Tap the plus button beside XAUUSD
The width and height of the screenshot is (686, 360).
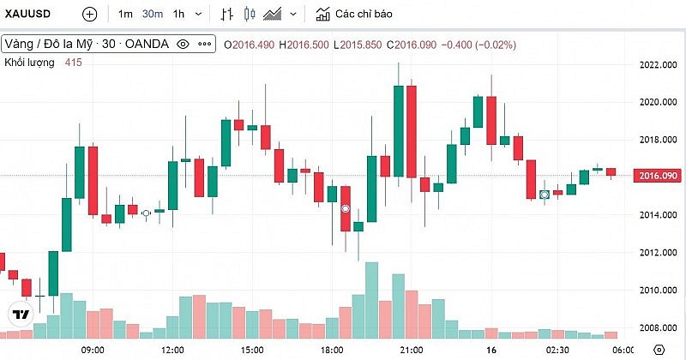pos(89,15)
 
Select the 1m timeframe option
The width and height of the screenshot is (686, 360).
pos(125,15)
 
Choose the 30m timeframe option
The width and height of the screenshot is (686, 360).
pos(153,15)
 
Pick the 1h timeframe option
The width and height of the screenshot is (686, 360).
pos(178,15)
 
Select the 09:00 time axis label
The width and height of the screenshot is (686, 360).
pos(92,350)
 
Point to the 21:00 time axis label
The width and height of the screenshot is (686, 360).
pos(412,350)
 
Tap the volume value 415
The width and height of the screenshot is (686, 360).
pos(75,63)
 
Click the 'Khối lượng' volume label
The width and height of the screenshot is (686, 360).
pos(30,63)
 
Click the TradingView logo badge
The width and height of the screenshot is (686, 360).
pos(22,314)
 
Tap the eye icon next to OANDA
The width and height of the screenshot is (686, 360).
pos(182,44)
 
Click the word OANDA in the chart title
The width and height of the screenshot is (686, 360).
pos(147,44)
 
